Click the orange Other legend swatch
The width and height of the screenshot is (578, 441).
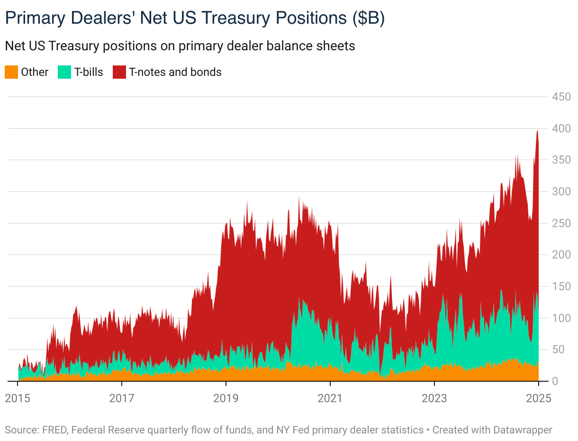click(11, 72)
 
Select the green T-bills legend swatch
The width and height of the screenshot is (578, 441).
click(64, 72)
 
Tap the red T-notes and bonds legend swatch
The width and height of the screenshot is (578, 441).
click(119, 72)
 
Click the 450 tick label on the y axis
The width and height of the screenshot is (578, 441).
click(560, 97)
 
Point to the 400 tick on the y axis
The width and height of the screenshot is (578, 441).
click(560, 129)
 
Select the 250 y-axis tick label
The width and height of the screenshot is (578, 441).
click(560, 223)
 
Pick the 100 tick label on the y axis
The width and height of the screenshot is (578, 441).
click(560, 318)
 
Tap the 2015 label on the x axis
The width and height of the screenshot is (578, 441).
click(18, 398)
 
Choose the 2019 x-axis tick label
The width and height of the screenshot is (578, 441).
click(226, 398)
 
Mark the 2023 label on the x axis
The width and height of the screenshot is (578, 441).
click(434, 398)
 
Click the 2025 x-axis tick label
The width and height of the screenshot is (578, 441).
click(538, 398)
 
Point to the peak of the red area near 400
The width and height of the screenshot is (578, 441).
click(537, 131)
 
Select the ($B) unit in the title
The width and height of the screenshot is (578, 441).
click(368, 18)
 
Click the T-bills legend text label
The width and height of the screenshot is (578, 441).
click(89, 72)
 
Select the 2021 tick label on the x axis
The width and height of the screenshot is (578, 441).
click(330, 398)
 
